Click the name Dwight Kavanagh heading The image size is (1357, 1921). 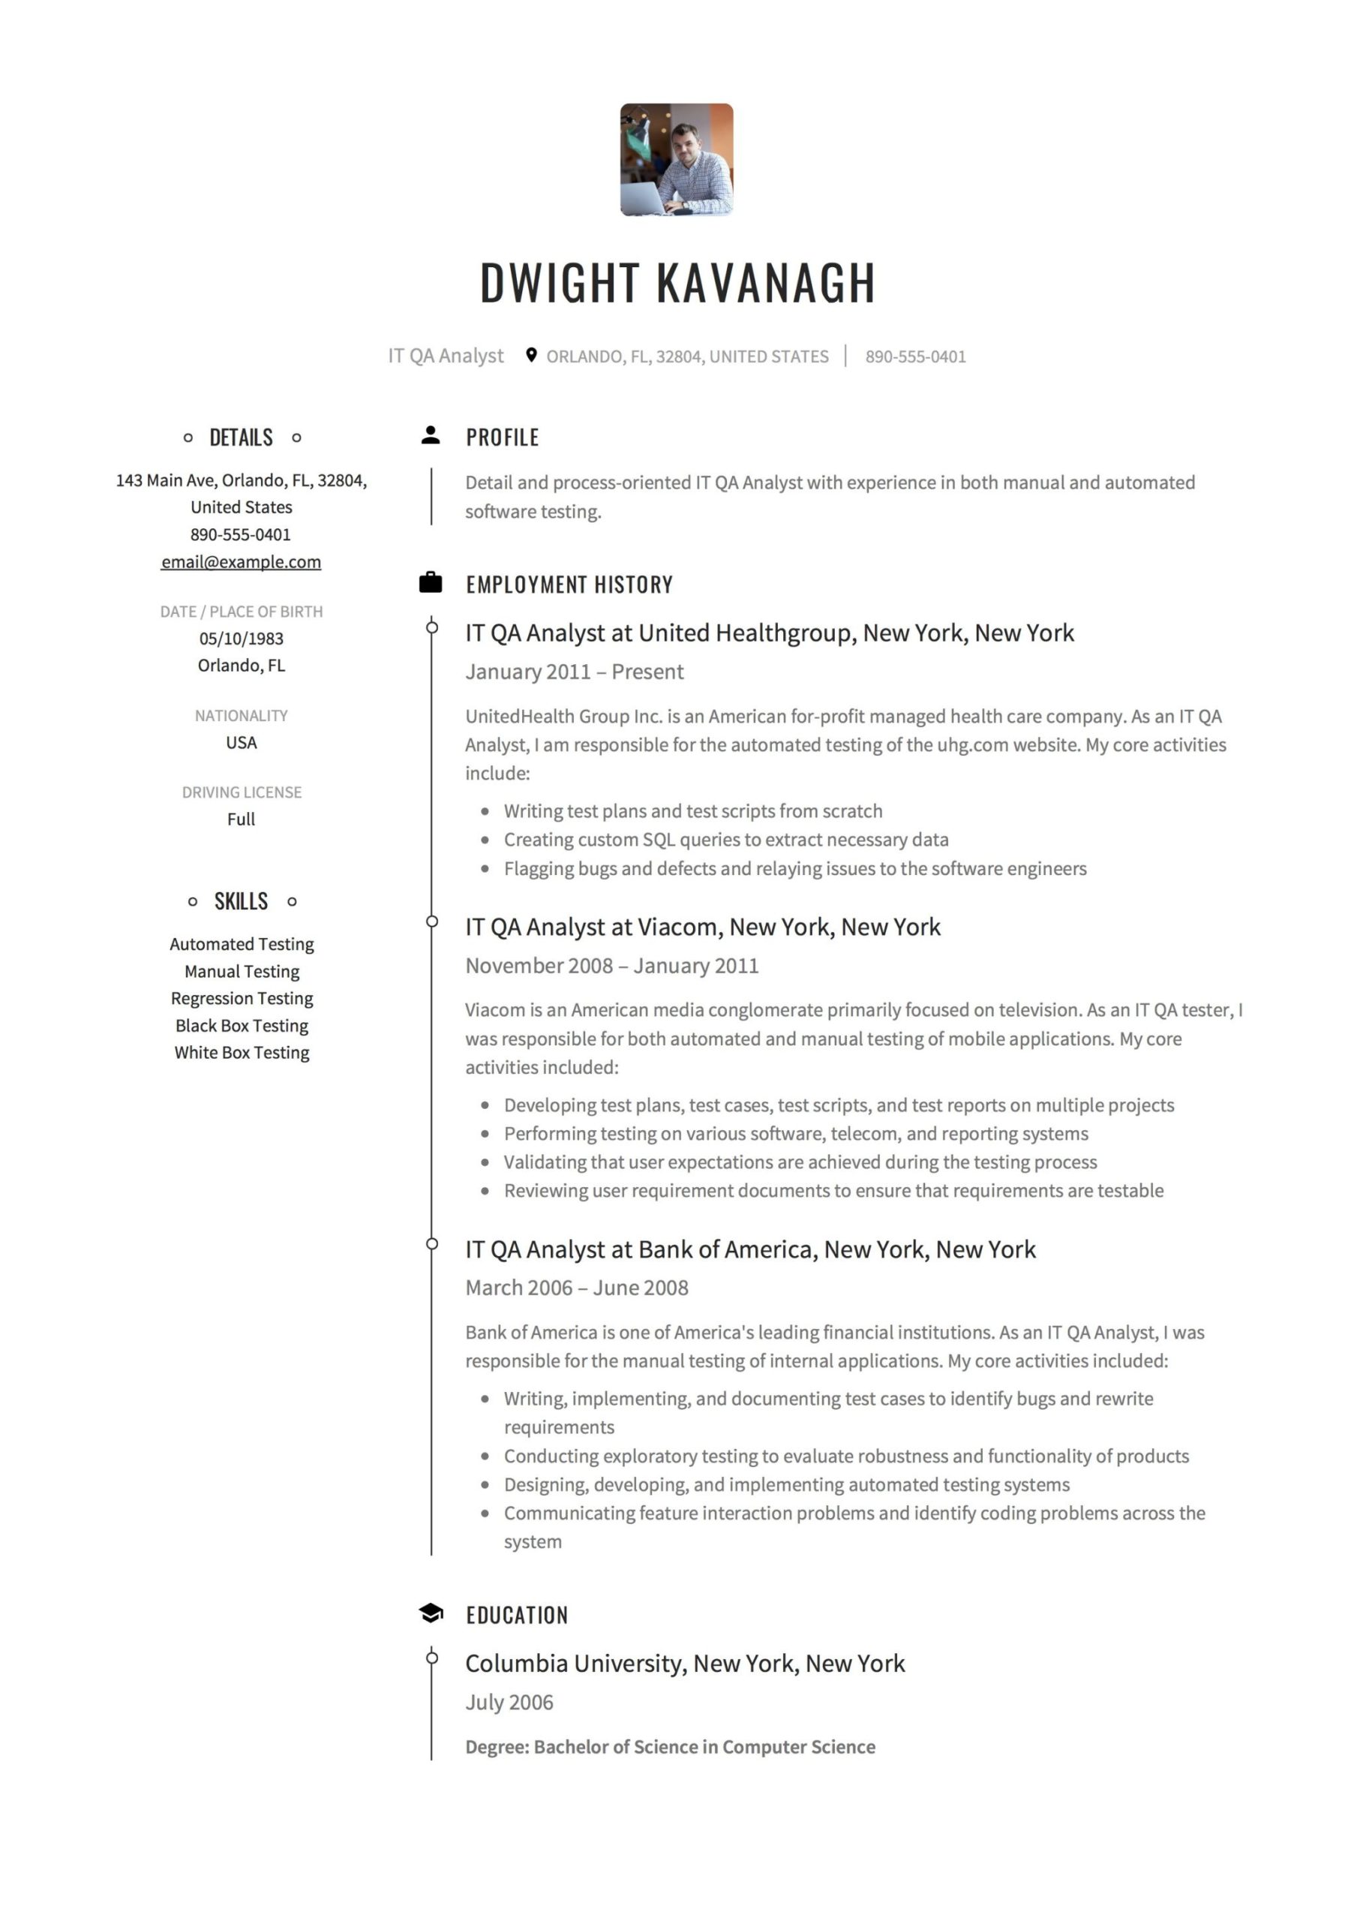tap(677, 283)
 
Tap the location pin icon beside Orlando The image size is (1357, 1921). tap(530, 355)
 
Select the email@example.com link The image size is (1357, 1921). tap(241, 562)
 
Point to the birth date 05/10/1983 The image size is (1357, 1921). tap(241, 639)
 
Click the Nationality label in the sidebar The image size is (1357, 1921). tap(241, 715)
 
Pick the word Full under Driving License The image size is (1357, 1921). tap(241, 819)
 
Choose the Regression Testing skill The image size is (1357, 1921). tap(242, 998)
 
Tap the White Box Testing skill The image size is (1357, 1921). tap(242, 1053)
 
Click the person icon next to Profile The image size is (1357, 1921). tap(430, 435)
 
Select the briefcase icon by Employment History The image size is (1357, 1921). tap(430, 582)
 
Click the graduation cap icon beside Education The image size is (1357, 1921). tap(430, 1613)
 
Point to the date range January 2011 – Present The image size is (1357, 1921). tap(574, 672)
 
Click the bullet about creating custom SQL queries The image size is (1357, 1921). tap(725, 839)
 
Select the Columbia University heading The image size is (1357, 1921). tap(684, 1664)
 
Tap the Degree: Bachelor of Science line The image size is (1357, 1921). tap(670, 1747)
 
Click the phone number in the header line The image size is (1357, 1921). tap(915, 356)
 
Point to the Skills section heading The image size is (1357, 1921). tap(241, 901)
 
